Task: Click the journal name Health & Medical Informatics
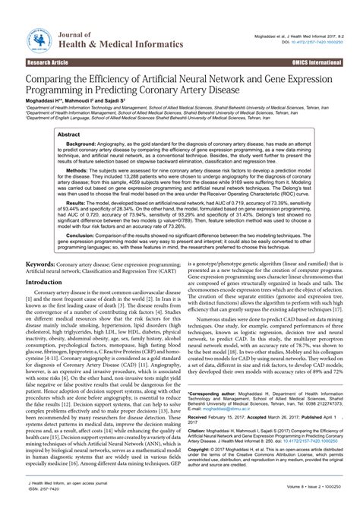point(123,45)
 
